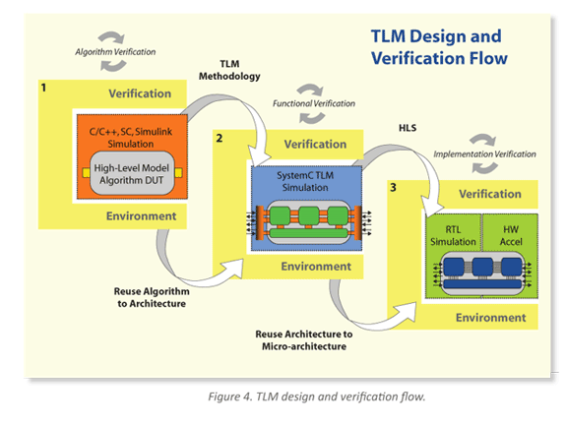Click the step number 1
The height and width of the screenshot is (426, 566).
pos(43,89)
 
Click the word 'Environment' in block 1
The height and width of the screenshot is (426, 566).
pos(143,215)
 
